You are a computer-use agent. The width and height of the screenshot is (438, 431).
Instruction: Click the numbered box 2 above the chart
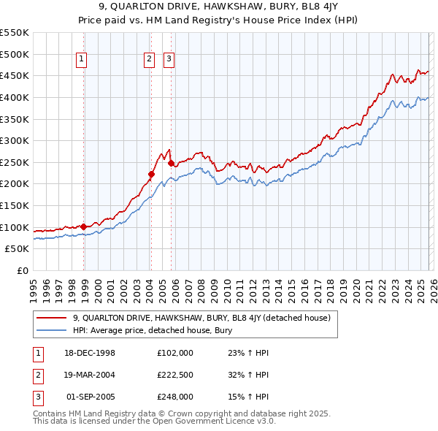point(149,60)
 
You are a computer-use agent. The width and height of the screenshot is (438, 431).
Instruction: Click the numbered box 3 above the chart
point(169,60)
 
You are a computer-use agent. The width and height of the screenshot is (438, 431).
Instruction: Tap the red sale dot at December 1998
point(84,226)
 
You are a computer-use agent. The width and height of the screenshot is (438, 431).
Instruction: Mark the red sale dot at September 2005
point(171,163)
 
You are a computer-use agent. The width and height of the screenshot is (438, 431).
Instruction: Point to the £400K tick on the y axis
point(15,97)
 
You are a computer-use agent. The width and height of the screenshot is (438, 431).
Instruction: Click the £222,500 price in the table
point(175,375)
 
